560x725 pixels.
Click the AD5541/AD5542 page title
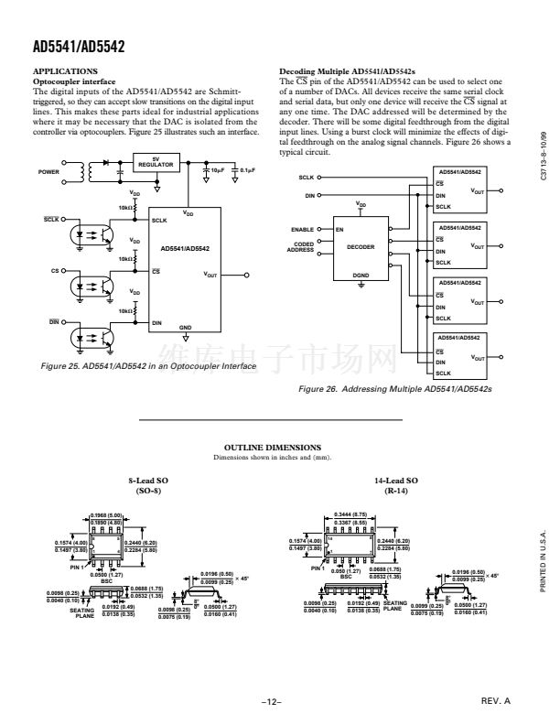click(x=78, y=44)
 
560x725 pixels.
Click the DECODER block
click(x=361, y=246)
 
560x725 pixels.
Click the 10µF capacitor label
click(x=219, y=170)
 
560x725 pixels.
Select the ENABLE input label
click(x=303, y=229)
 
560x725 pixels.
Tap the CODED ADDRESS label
click(x=302, y=246)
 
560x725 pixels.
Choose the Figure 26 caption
click(x=396, y=388)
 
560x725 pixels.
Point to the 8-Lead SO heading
click(x=149, y=483)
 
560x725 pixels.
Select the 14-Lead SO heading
click(x=398, y=483)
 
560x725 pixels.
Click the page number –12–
click(x=271, y=702)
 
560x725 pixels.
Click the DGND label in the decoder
click(x=361, y=274)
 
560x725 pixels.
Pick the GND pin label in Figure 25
click(x=185, y=326)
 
